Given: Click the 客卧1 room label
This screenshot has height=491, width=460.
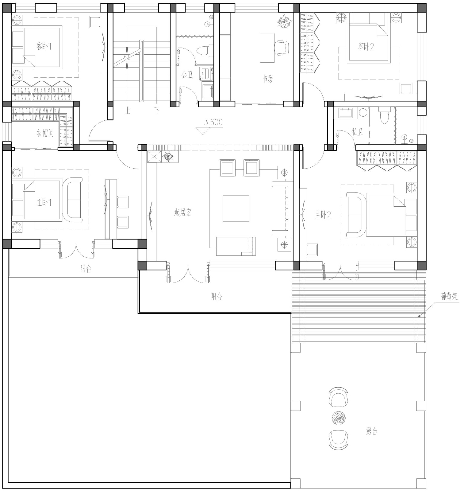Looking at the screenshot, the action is [x=44, y=46].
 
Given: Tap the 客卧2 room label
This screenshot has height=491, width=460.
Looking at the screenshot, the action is [x=366, y=47].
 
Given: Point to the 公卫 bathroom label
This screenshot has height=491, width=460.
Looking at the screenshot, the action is [x=187, y=75].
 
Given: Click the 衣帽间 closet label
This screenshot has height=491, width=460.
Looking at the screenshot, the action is [x=45, y=133].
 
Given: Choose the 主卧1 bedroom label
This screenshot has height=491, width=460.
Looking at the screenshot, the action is [x=44, y=202].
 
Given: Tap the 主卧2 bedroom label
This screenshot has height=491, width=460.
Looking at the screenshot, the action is [x=323, y=215].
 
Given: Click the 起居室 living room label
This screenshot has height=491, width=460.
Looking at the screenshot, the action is [x=183, y=212].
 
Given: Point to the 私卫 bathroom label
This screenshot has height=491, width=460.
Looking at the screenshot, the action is [x=357, y=132].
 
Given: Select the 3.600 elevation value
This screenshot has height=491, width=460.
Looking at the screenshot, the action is [x=213, y=122].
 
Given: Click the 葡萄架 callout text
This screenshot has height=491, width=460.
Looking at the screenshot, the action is [x=449, y=297].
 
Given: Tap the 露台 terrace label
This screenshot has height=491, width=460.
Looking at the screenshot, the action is [x=372, y=431].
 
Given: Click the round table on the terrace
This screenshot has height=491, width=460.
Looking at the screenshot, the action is [x=338, y=418].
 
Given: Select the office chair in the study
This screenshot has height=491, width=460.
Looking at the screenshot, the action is [x=281, y=48].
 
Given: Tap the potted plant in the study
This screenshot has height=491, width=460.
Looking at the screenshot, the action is [x=284, y=23].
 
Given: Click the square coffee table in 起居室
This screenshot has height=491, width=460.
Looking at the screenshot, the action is [x=236, y=208].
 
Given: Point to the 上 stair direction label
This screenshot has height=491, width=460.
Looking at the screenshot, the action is [x=128, y=110].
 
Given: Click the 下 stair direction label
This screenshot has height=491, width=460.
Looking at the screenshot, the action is [x=157, y=110].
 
